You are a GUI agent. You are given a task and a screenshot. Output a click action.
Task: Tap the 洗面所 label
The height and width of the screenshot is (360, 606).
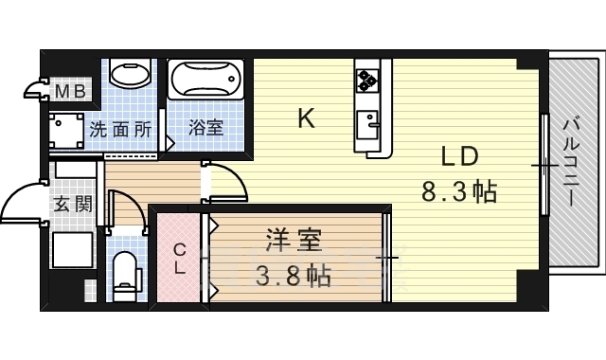pyautogui.click(x=120, y=129)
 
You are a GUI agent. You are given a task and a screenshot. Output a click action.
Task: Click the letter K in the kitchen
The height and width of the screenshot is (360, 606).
pyautogui.click(x=306, y=118)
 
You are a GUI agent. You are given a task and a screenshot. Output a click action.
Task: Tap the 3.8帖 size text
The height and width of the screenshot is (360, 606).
pyautogui.click(x=292, y=278)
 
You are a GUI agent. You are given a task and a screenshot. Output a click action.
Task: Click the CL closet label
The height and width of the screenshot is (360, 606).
pyautogui.click(x=180, y=258)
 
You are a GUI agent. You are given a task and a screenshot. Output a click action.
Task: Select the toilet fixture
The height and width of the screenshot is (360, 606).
pyautogui.click(x=124, y=275)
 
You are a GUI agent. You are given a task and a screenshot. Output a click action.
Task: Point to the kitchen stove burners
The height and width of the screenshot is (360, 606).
pyautogui.click(x=368, y=79)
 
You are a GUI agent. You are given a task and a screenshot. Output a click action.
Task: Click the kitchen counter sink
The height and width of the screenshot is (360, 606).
pyautogui.click(x=367, y=123)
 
